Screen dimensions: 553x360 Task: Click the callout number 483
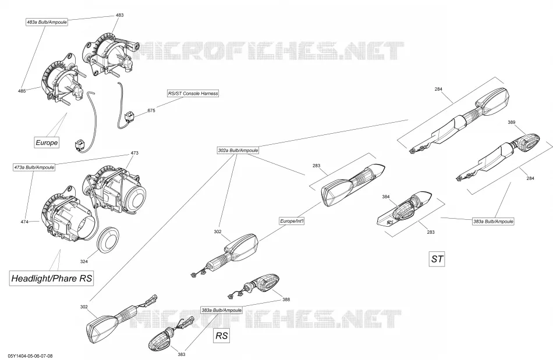coord(119,15)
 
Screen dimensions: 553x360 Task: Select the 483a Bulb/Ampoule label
coord(47,22)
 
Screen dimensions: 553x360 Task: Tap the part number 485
coord(22,91)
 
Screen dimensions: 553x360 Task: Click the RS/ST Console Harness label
coord(193,94)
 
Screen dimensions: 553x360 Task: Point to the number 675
coord(151,111)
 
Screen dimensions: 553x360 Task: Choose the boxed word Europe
coord(47,142)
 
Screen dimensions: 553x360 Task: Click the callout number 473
coord(134,153)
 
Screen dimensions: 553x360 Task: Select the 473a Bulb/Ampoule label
coord(34,167)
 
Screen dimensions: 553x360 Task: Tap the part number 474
coord(24,222)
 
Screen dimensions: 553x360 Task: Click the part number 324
coord(84,261)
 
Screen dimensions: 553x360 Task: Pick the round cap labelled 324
coord(107,240)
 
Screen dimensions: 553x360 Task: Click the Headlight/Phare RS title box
coord(51,278)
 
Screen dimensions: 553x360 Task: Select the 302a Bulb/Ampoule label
coord(238,151)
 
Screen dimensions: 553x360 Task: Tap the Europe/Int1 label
coord(292,221)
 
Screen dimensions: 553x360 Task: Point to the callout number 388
coord(286,300)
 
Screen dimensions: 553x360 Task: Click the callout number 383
coord(181,354)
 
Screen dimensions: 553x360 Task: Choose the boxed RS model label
coord(221,336)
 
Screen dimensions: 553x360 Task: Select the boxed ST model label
coord(437,259)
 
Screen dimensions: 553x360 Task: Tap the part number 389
coord(512,122)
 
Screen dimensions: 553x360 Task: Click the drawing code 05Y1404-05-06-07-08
coord(30,356)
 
